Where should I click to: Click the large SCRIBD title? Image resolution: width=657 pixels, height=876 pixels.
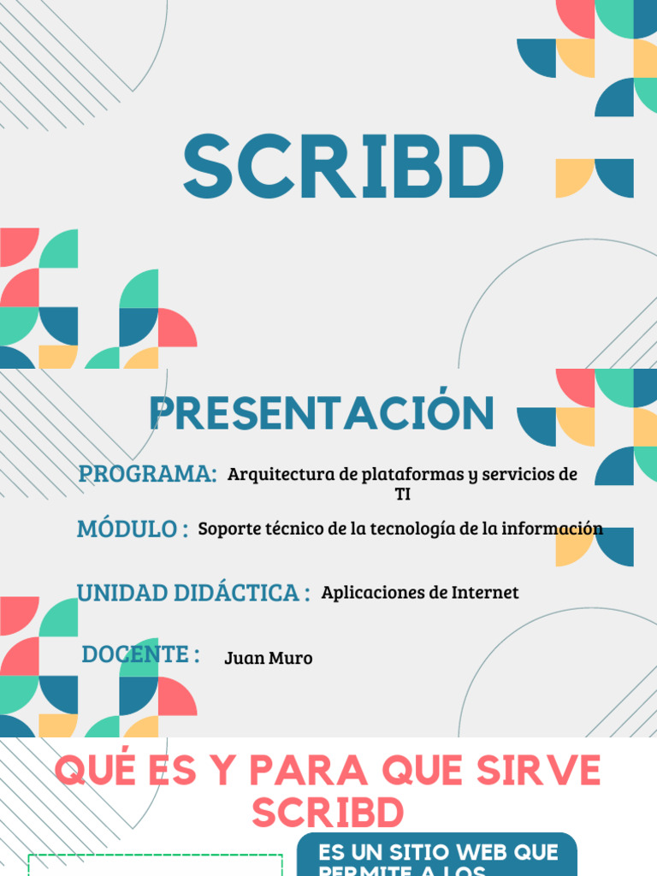click(342, 168)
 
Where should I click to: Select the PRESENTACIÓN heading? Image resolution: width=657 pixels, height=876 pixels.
click(322, 413)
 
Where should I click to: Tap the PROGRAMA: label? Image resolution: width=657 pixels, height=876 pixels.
click(147, 473)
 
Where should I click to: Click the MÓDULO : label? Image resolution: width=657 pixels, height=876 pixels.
click(133, 529)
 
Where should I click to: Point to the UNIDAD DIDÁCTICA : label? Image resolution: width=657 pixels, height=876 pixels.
click(193, 592)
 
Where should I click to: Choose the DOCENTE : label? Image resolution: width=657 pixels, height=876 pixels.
click(141, 654)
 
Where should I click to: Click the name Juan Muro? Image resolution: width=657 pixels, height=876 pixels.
click(269, 659)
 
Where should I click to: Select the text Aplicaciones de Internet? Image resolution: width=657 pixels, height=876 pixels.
click(420, 593)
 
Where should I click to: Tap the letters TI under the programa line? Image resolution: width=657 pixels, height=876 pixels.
click(402, 494)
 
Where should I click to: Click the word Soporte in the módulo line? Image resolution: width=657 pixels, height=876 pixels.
click(227, 530)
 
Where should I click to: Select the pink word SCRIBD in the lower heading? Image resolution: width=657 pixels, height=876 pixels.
click(328, 813)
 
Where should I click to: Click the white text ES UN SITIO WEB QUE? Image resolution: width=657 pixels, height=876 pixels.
click(438, 853)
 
